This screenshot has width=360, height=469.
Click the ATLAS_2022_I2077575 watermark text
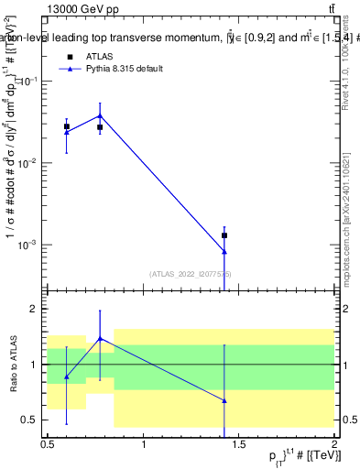click(x=191, y=273)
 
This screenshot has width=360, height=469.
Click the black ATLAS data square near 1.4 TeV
click(x=224, y=235)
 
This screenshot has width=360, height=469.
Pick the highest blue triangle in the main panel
click(x=100, y=115)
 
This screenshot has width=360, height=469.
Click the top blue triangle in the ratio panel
click(x=100, y=338)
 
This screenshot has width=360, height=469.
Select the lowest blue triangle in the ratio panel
click(x=224, y=400)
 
